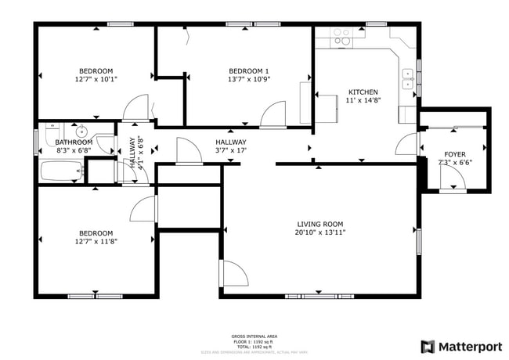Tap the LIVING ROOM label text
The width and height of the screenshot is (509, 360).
point(320,223)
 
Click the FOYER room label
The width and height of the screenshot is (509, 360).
point(454,154)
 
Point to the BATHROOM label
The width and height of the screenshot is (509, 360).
point(74,142)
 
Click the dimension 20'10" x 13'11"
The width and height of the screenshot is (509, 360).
point(320,232)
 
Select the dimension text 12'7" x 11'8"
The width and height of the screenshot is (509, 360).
point(96,242)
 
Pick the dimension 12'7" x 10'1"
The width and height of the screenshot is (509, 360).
point(96,79)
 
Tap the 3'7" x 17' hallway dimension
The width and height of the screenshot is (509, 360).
point(231,150)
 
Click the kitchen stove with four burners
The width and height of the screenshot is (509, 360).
point(341,36)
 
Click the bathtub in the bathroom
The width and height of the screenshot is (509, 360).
point(61,170)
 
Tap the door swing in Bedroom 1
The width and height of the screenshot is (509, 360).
point(273,116)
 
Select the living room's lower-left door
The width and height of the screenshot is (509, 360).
point(234,274)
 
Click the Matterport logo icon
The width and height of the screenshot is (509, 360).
point(428,346)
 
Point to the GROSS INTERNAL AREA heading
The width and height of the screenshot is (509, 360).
point(254,334)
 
